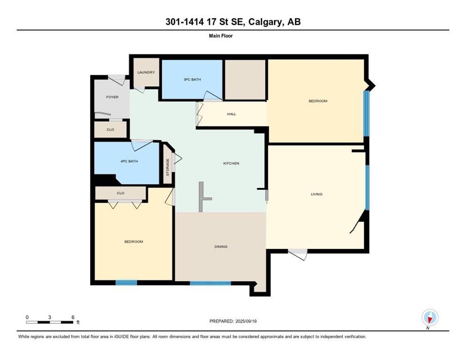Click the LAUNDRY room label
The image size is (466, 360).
pos(146,72)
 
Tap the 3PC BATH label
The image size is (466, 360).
pos(192,79)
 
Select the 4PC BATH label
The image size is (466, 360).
pos(129,161)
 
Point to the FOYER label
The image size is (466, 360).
pos(113,97)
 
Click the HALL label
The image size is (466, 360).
pos(232,114)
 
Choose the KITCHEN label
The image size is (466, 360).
pos(231,163)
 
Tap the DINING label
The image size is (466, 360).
pos(221,247)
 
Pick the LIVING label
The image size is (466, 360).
pos(316,194)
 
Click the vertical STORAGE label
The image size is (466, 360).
pos(168,167)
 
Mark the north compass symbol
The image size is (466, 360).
pos(430,318)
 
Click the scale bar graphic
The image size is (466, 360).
pos(50,322)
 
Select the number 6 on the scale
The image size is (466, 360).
pos(73,317)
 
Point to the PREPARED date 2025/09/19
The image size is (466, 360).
pos(246,321)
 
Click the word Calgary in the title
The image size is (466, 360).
pos(265,22)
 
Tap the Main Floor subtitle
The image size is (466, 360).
pos(221,36)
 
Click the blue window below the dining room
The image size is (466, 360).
pos(210,283)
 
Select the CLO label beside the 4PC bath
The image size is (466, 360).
pos(120,193)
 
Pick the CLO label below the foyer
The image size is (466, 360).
pos(110,130)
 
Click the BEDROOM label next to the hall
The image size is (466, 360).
pos(318,101)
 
